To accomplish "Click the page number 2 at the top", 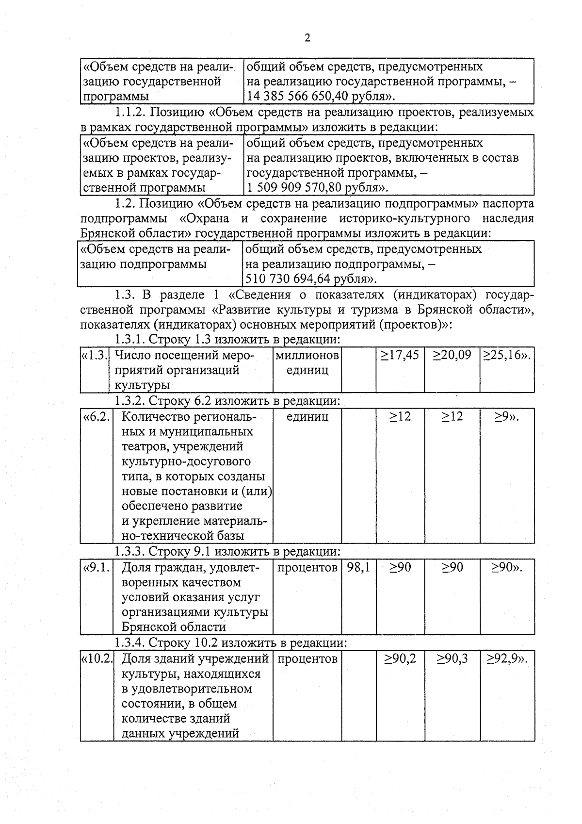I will click(x=307, y=38).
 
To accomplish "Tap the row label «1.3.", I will click(x=95, y=355).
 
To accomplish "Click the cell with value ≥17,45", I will click(x=400, y=355).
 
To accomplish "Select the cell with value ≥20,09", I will click(x=452, y=355).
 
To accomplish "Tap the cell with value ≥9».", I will click(x=507, y=416).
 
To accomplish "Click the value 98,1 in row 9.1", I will click(x=358, y=567).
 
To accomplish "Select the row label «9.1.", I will click(x=97, y=567).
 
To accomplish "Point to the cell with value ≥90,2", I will click(x=400, y=659).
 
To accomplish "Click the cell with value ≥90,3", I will click(x=452, y=659).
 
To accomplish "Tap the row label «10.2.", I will click(x=97, y=659).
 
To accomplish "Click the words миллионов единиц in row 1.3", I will click(x=307, y=363).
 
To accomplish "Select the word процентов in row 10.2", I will click(x=307, y=659).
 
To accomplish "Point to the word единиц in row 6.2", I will click(x=307, y=416).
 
